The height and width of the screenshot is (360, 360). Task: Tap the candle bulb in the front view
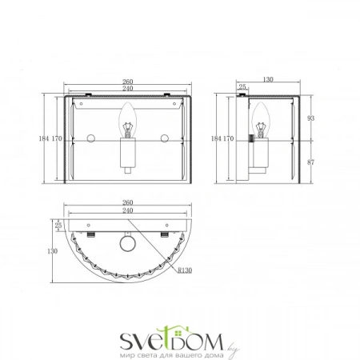tap(127, 125)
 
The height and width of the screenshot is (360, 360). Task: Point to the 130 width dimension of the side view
tap(267, 81)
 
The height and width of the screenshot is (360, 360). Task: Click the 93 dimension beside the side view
tap(311, 118)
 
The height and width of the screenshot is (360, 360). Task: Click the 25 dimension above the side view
tap(244, 88)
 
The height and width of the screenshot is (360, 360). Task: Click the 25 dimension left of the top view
tap(58, 226)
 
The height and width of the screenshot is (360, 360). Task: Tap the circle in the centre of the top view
tap(127, 244)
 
